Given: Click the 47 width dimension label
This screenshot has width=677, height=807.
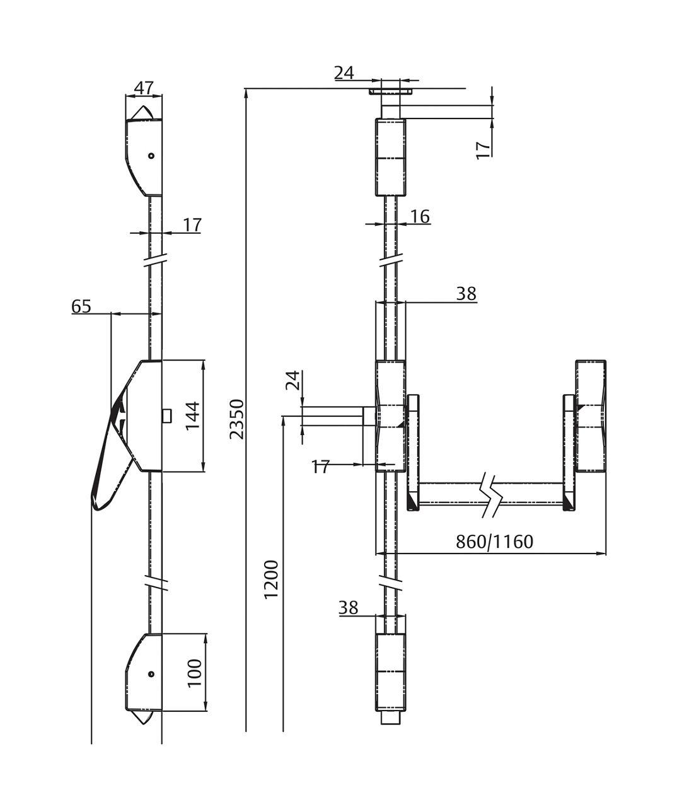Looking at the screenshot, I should [x=144, y=88].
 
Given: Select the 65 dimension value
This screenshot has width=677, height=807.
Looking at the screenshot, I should [x=81, y=306].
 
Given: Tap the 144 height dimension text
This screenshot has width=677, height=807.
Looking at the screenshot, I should [x=193, y=415].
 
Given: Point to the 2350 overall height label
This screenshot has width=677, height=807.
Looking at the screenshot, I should [x=236, y=419].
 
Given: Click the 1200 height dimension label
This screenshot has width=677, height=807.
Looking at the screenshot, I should [x=271, y=579].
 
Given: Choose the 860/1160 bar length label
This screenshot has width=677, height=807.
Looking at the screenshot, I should [x=494, y=542].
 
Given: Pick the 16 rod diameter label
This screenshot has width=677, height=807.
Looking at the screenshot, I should [x=420, y=216].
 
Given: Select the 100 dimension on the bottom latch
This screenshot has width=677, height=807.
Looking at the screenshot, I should [x=194, y=673].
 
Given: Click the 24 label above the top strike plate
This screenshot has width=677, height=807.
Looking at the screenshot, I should [x=344, y=73].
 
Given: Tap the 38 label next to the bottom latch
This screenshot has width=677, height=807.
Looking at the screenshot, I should [x=348, y=608].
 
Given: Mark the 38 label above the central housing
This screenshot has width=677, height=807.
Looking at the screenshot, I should [x=466, y=293].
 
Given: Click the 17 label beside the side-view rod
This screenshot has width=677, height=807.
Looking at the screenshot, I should [x=192, y=224].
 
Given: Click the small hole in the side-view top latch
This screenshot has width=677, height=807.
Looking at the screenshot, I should [x=151, y=156].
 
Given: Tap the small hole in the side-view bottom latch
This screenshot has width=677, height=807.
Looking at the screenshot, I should [x=151, y=674].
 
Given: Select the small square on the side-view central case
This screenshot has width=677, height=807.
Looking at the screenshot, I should [x=166, y=415].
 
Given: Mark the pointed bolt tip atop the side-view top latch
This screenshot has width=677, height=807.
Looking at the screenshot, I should [x=144, y=112].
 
